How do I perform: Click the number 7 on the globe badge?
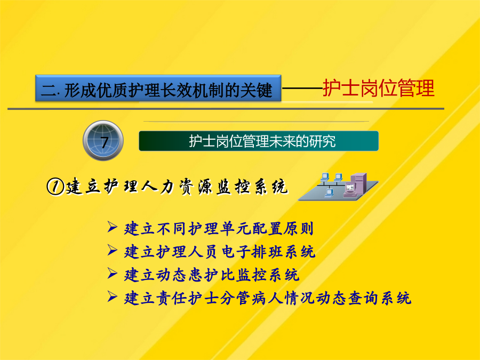[x=105, y=142]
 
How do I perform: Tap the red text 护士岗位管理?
[x=378, y=88]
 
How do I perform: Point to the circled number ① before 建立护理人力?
[x=55, y=187]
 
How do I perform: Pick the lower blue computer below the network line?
[x=329, y=193]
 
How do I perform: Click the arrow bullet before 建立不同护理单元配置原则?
[x=113, y=227]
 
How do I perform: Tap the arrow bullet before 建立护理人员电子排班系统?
[x=113, y=250]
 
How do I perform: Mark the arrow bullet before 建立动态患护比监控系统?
[x=113, y=273]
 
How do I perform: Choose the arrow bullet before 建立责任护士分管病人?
[x=113, y=297]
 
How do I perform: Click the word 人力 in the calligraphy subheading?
[x=158, y=187]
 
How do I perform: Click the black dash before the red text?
[x=302, y=89]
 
